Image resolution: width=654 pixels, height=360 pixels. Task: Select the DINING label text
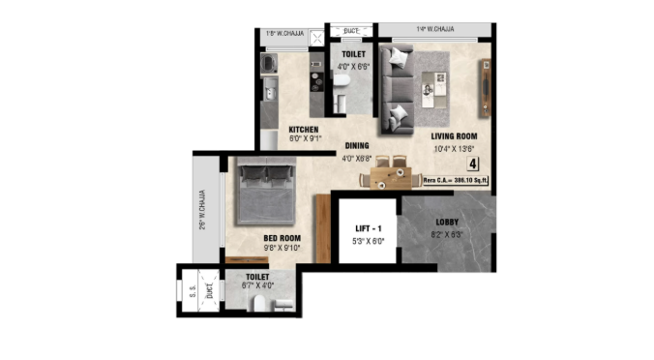(x=356, y=146)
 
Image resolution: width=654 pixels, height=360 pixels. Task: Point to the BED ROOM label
(x=282, y=237)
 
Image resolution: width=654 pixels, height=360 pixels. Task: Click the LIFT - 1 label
(x=366, y=229)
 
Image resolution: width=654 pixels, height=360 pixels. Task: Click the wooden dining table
(x=393, y=177)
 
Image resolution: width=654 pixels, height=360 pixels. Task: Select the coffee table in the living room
(x=429, y=90)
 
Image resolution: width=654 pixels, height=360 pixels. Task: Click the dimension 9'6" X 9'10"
(x=282, y=248)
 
